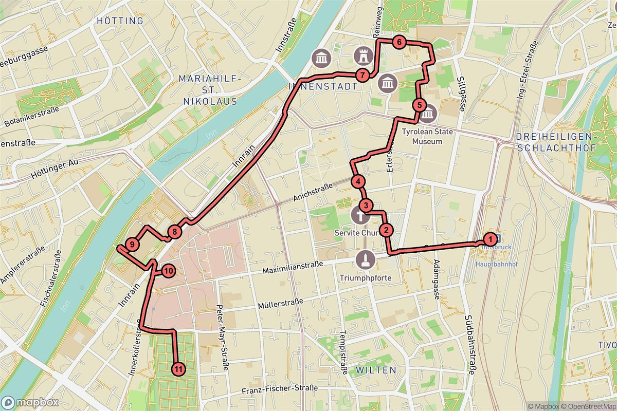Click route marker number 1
[491, 239]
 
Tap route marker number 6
[398, 43]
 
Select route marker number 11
[178, 368]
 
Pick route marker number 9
[133, 245]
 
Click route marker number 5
[419, 106]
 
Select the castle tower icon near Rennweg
[364, 54]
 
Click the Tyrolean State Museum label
[428, 136]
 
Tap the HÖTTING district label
[119, 21]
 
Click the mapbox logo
[30, 402]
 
